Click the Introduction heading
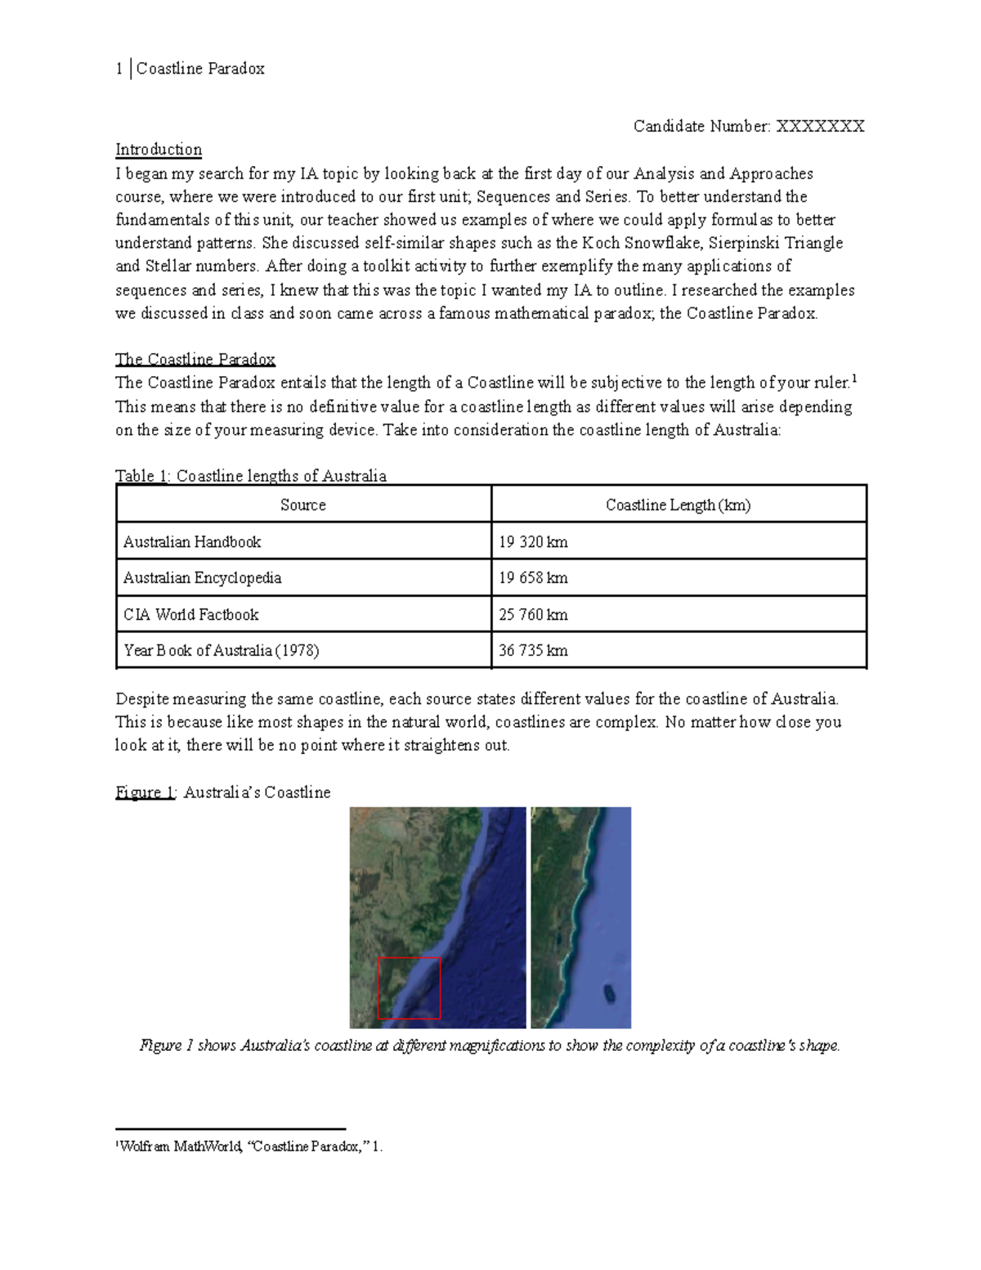coord(158,150)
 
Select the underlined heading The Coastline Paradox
coord(195,360)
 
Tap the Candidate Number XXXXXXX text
coord(748,126)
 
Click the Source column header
coord(303,505)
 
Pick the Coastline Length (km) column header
coord(678,505)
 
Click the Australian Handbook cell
coord(192,542)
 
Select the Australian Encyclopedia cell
coord(202,578)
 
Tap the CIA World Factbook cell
coord(190,615)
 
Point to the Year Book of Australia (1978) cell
coord(221,651)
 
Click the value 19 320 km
coord(533,542)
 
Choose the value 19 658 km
coord(533,578)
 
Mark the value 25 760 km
coord(533,615)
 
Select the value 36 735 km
coord(533,651)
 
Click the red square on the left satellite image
coord(409,988)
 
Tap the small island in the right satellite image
coord(609,994)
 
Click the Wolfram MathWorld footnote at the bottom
coord(249,1147)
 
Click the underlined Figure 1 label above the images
coord(145,792)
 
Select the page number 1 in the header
coord(119,69)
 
